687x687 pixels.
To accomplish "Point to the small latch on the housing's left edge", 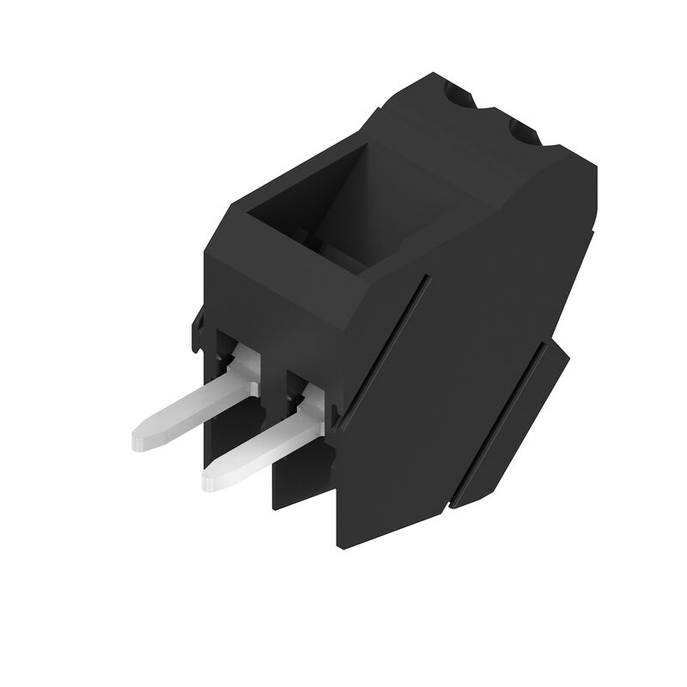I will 197,331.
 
